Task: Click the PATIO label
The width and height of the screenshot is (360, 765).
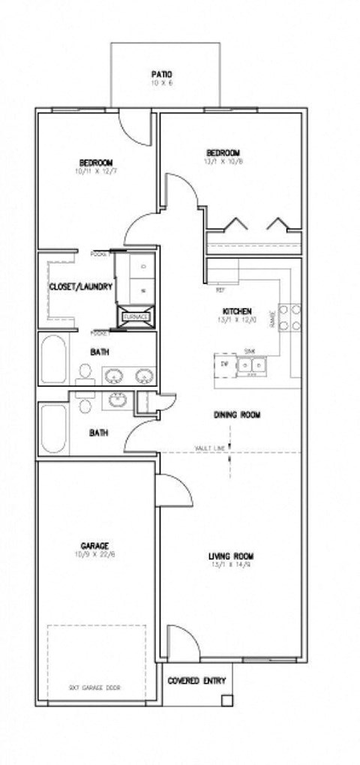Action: point(162,74)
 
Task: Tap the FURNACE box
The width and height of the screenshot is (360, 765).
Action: point(136,317)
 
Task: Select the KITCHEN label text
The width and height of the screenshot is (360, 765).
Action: point(236,311)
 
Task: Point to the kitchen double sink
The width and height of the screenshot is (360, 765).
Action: point(251,364)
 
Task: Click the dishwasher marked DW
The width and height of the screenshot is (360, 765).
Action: point(224,364)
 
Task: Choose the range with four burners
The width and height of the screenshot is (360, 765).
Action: point(289,316)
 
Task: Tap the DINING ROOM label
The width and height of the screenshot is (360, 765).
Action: point(237,415)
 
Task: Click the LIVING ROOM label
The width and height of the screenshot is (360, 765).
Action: point(231,556)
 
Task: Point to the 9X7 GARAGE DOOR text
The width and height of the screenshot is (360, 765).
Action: point(95,687)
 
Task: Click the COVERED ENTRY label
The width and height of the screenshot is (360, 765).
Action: point(193,681)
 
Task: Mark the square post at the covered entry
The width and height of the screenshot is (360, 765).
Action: point(225,700)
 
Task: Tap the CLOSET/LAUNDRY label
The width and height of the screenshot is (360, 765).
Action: point(81,287)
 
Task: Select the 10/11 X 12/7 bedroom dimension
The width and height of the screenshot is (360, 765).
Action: point(96,172)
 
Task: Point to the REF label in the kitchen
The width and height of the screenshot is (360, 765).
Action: point(220,289)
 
